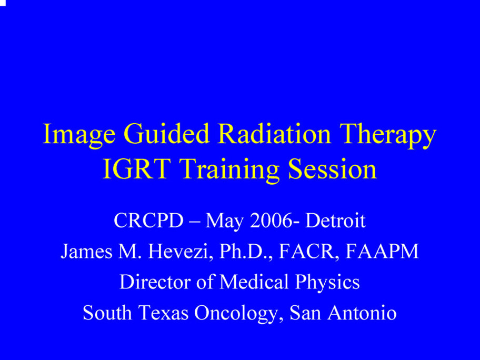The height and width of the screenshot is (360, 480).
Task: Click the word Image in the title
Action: point(79,135)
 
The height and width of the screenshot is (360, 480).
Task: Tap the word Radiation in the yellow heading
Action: point(274,133)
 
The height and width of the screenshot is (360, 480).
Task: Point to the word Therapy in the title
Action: point(388,135)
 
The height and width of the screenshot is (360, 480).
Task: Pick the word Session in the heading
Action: point(333,169)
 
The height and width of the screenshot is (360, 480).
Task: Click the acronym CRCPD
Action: point(148,220)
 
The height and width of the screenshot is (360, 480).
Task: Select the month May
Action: point(224,222)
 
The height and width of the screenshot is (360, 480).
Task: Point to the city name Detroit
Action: point(335,220)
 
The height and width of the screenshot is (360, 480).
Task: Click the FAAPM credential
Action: point(382,251)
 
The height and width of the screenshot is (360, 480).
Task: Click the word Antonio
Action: point(362,313)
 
